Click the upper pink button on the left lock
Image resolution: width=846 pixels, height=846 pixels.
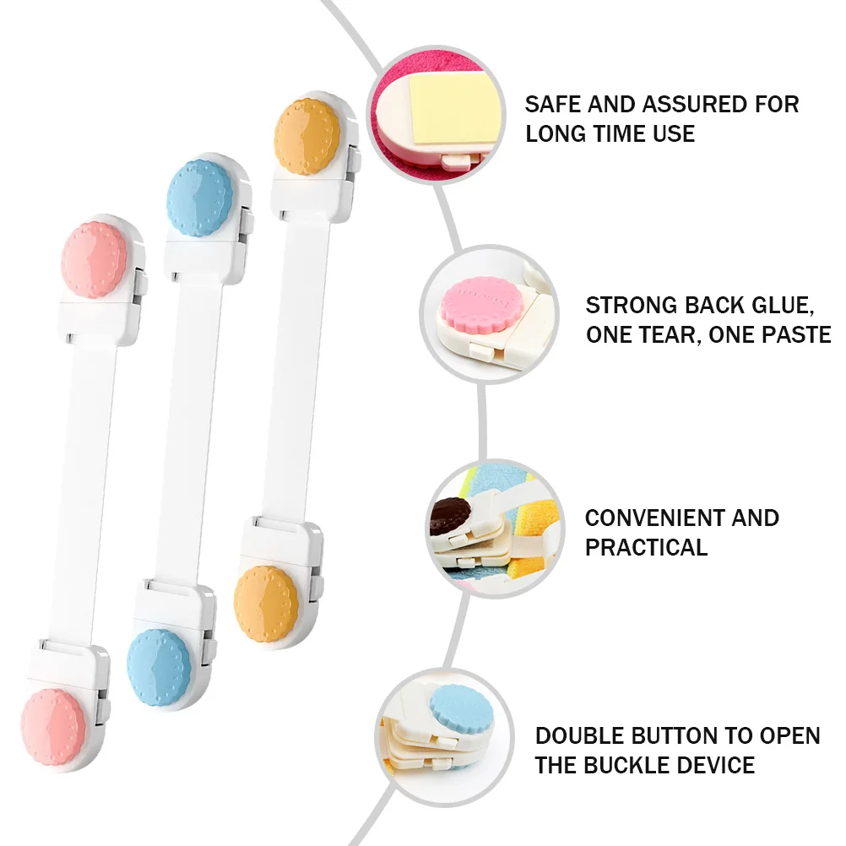pyautogui.click(x=95, y=259)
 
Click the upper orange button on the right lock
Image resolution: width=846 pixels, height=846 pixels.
pyautogui.click(x=307, y=137)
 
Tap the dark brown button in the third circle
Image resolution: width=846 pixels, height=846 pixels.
pyautogui.click(x=449, y=513)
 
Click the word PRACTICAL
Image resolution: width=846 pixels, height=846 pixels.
pyautogui.click(x=646, y=547)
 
